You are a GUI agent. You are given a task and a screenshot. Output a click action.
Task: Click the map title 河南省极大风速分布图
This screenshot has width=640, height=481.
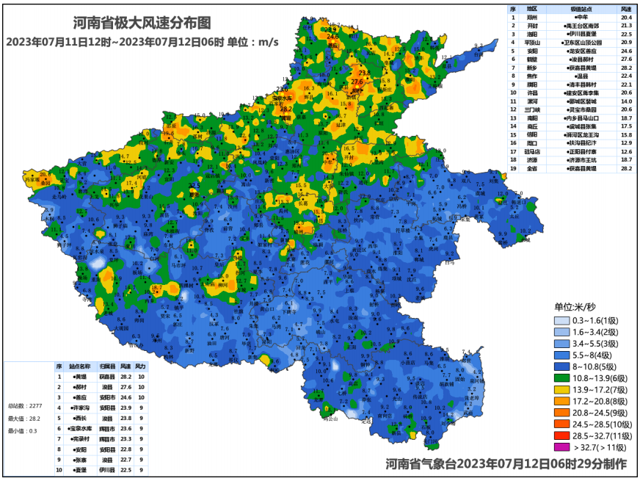(138, 23)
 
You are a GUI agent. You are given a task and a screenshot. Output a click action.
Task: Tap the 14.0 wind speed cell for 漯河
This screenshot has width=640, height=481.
(626, 101)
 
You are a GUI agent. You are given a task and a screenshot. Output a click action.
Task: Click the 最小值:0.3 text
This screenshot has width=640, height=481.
(22, 431)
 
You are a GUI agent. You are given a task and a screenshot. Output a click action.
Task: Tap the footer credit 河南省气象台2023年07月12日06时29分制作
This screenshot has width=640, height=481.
(506, 464)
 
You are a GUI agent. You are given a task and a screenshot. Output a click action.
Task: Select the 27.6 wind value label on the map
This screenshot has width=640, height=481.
(357, 82)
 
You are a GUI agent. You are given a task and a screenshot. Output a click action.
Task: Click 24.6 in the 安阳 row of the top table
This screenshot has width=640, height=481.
(626, 50)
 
